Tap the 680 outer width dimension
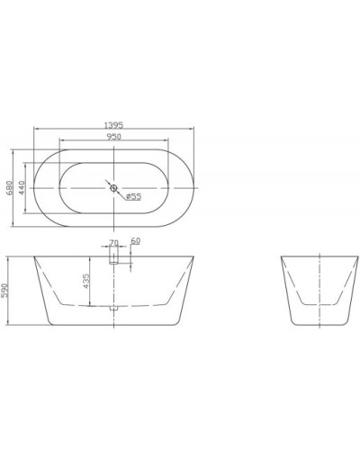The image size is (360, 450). tap(10, 186)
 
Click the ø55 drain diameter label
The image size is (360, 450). tap(130, 195)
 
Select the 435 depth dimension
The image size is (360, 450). tap(87, 282)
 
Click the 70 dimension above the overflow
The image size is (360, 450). tap(113, 242)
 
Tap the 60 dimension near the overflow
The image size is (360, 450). tap(135, 240)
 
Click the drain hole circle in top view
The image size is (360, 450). tap(112, 187)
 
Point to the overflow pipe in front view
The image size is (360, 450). tap(113, 257)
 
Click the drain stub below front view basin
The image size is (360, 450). tap(113, 309)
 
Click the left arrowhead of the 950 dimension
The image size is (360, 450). tap(62, 140)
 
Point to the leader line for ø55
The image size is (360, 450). tap(121, 192)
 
